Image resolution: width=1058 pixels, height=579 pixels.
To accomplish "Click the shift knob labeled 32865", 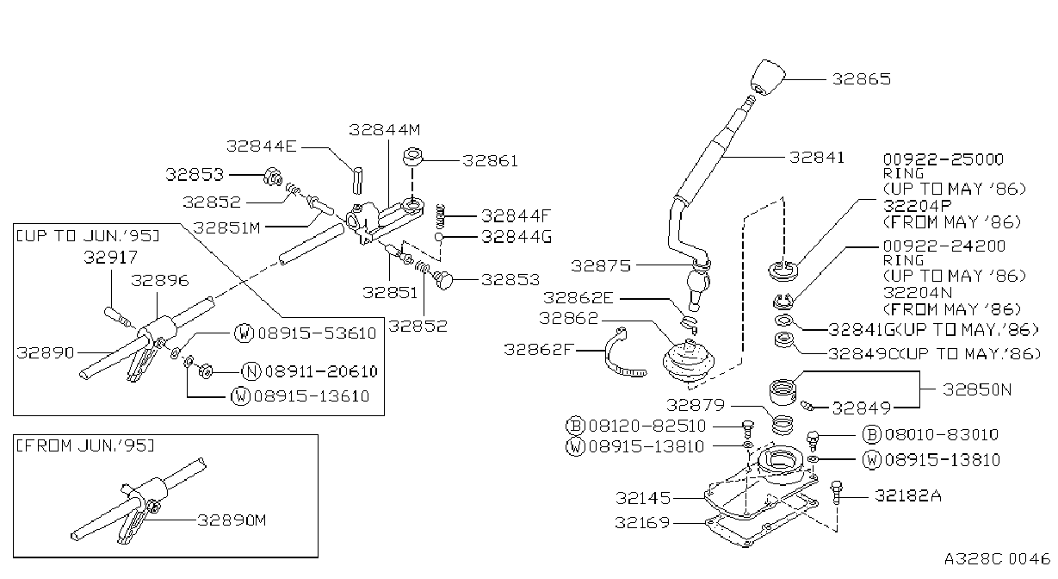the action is click(x=768, y=78).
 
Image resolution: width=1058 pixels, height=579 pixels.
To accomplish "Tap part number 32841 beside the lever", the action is click(x=817, y=158).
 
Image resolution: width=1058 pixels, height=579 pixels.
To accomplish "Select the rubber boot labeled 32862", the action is click(x=689, y=361).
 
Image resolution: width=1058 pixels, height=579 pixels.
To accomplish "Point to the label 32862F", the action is click(x=538, y=350).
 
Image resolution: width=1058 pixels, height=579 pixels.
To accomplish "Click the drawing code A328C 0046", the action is click(x=997, y=559).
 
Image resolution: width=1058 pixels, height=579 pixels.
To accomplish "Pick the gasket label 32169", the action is click(x=642, y=523).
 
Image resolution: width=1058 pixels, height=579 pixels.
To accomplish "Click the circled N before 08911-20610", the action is click(x=251, y=371).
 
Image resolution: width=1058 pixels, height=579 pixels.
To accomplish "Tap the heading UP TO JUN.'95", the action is click(x=88, y=236).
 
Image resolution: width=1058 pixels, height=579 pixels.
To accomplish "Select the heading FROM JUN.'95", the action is click(x=85, y=445).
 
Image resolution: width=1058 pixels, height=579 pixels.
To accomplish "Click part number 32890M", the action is click(x=232, y=520).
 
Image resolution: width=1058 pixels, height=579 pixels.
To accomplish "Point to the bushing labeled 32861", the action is click(x=413, y=157).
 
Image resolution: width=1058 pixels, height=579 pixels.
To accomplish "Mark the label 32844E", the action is click(x=261, y=146).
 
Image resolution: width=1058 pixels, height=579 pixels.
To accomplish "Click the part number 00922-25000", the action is click(x=944, y=159).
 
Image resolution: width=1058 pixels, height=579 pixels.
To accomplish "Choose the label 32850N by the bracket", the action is click(x=977, y=389).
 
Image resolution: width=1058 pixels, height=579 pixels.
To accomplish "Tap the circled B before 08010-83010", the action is click(x=871, y=434).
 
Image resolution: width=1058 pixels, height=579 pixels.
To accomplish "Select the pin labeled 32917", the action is click(x=117, y=317).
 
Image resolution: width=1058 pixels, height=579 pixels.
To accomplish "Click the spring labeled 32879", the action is click(x=783, y=424).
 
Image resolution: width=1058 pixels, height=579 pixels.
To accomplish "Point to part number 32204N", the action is click(x=918, y=293).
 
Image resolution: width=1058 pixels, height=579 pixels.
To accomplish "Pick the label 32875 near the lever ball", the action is click(x=601, y=266).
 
